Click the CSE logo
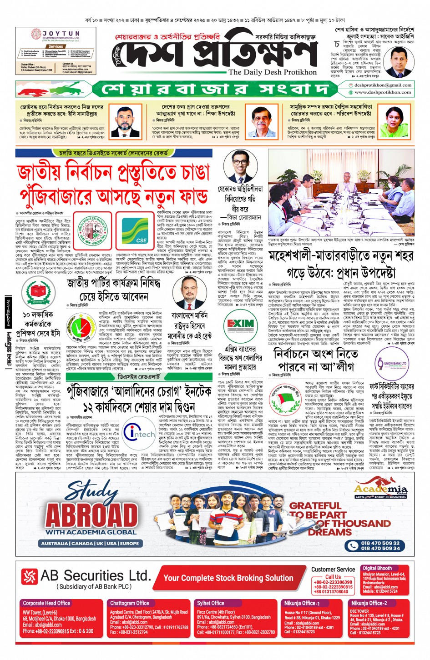[x=135, y=230]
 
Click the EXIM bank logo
[x=241, y=325]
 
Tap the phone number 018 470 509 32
[x=380, y=543]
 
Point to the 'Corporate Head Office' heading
[x=46, y=603]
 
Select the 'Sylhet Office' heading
[x=210, y=603]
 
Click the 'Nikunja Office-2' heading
[x=369, y=603]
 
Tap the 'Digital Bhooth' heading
[x=377, y=568]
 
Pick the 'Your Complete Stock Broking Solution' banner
[x=228, y=578]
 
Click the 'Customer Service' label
[x=333, y=570]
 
